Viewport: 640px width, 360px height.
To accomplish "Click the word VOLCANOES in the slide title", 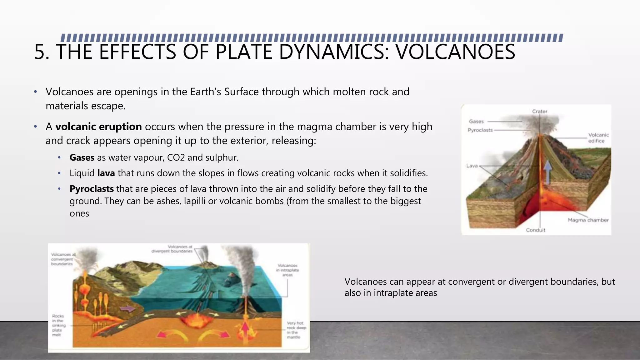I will pyautogui.click(x=455, y=52).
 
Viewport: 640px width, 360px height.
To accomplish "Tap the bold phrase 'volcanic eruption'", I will pyautogui.click(x=98, y=127).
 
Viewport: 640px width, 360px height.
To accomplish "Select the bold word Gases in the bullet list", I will pyautogui.click(x=82, y=157).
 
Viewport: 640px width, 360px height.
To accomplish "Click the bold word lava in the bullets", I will pyautogui.click(x=106, y=173).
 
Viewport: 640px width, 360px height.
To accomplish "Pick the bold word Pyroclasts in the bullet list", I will pyautogui.click(x=92, y=189).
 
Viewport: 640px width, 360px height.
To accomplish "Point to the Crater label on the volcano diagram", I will pyautogui.click(x=540, y=111).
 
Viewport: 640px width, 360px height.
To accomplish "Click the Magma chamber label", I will pyautogui.click(x=588, y=220).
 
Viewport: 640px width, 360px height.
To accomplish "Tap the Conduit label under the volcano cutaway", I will pyautogui.click(x=535, y=230).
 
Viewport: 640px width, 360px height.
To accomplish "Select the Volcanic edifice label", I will pyautogui.click(x=598, y=138).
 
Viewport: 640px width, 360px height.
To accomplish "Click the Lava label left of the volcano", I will pyautogui.click(x=472, y=166).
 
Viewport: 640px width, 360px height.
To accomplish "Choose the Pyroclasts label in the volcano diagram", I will pyautogui.click(x=480, y=130).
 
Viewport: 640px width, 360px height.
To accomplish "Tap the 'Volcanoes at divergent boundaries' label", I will pyautogui.click(x=172, y=249).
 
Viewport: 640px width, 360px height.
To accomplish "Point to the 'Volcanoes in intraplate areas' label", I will pyautogui.click(x=287, y=270).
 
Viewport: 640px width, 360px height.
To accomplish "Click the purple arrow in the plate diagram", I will pyautogui.click(x=128, y=309).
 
